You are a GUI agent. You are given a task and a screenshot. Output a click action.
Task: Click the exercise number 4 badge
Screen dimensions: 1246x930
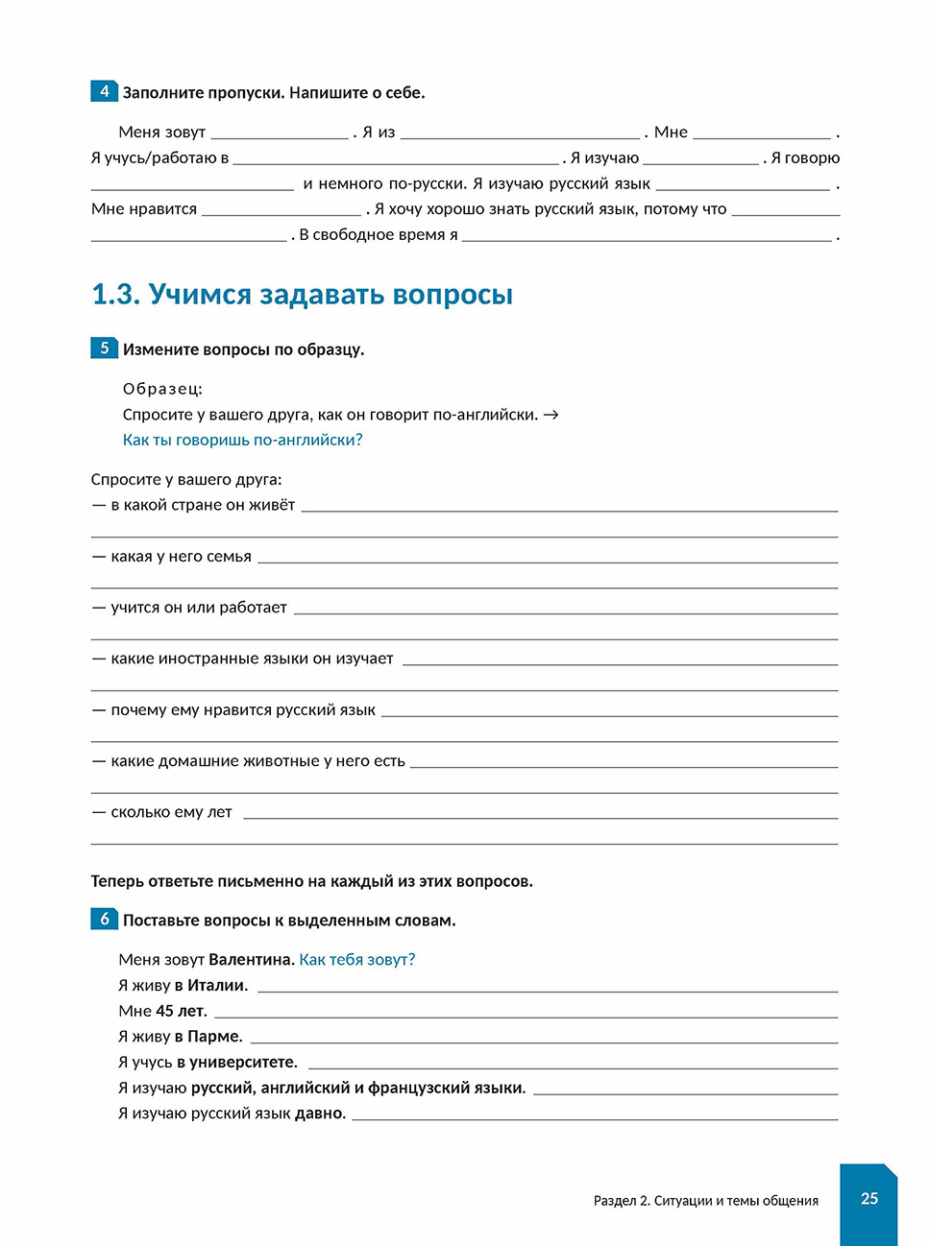click(105, 91)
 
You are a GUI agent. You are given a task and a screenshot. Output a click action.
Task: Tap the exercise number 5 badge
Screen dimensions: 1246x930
click(105, 347)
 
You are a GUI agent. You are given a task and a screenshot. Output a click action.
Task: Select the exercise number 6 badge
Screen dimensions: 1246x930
click(105, 919)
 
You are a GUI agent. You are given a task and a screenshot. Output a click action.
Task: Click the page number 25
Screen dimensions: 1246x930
click(869, 1198)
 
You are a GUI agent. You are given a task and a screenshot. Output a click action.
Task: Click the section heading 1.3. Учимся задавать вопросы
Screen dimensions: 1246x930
click(302, 294)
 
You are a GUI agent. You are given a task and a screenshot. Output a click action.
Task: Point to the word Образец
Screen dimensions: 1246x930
click(162, 389)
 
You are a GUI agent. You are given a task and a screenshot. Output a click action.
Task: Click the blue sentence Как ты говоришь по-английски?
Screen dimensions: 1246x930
click(242, 440)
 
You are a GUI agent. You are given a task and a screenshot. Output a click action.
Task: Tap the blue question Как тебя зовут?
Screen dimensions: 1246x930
click(356, 959)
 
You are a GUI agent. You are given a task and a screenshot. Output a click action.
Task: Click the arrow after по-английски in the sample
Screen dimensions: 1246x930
click(551, 415)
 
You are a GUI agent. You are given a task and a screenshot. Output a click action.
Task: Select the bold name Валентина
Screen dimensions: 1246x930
click(251, 959)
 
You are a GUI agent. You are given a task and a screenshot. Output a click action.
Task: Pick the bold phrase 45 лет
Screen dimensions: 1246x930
click(181, 1011)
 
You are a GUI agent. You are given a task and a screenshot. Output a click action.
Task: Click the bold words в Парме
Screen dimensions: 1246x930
click(208, 1037)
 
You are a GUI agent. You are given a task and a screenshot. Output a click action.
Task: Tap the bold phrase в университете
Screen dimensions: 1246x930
click(236, 1063)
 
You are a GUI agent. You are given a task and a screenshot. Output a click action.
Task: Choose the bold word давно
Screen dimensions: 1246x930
click(320, 1114)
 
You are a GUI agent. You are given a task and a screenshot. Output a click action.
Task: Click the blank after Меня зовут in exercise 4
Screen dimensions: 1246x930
click(280, 133)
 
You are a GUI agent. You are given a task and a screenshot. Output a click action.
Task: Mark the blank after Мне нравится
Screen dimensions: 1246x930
click(281, 210)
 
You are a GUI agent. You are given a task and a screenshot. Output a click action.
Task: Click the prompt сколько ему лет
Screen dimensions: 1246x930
click(171, 812)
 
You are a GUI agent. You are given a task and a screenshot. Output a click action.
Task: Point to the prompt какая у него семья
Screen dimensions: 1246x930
click(181, 557)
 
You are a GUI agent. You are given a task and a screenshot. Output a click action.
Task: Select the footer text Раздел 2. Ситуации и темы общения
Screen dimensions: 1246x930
click(705, 1200)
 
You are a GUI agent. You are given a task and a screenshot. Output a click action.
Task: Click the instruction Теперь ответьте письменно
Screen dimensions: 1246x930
click(311, 881)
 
